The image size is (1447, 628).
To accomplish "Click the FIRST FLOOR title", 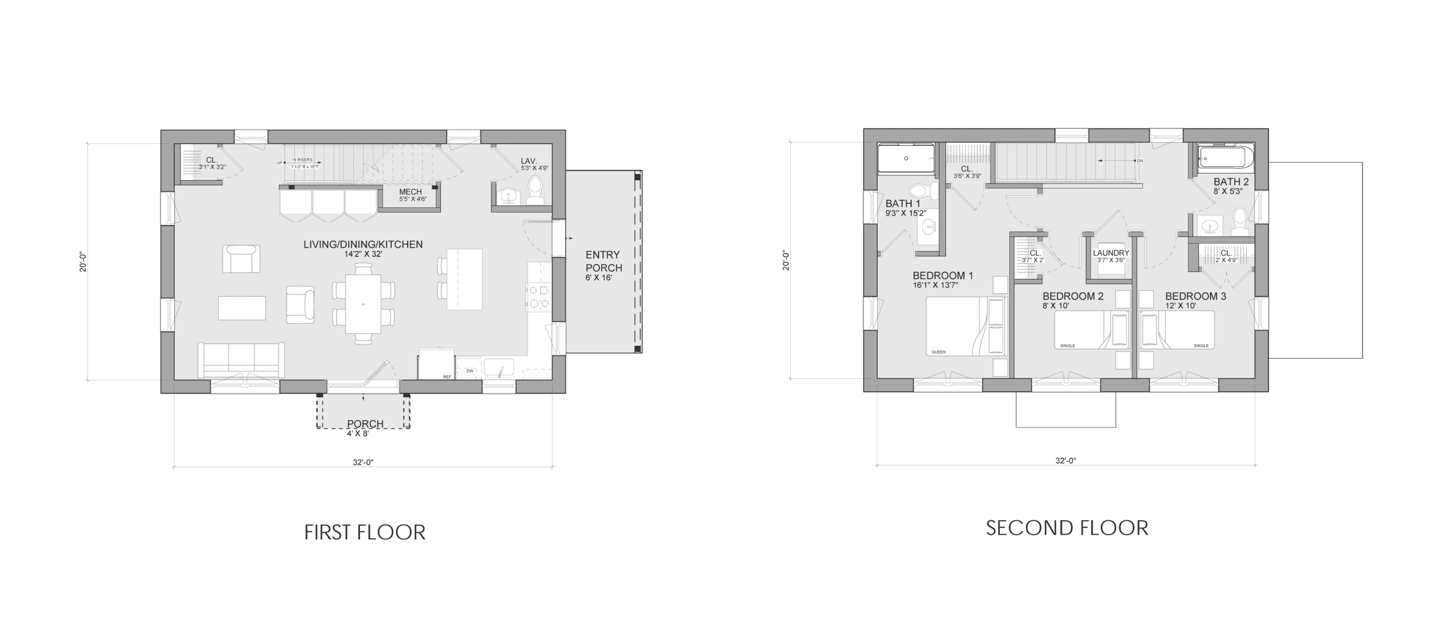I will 365,533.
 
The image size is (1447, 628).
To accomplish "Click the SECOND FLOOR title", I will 1067,528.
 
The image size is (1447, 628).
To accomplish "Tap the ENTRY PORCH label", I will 604,262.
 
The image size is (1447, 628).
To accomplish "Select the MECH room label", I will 411,192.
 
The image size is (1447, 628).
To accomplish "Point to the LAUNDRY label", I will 1111,253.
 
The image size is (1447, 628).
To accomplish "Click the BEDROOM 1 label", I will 942,276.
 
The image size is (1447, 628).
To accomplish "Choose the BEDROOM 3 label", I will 1195,297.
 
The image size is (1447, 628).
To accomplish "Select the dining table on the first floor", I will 363,304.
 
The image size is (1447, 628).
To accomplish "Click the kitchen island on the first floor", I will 464,279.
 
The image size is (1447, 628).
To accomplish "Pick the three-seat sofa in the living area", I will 242,360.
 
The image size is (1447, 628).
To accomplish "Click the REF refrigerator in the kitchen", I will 436,363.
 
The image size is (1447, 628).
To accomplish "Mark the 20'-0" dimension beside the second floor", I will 786,260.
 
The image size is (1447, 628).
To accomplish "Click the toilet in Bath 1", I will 921,190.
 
